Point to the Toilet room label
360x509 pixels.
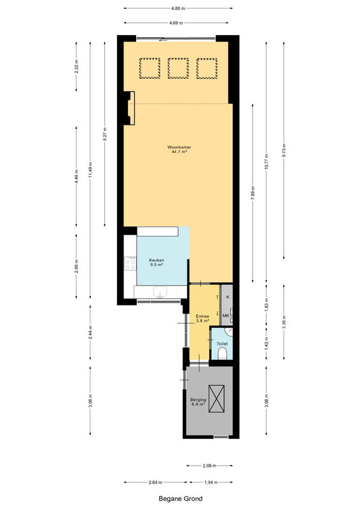click(222, 344)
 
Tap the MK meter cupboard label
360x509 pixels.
click(226, 316)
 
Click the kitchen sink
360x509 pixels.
click(160, 291)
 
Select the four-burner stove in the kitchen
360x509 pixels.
click(131, 263)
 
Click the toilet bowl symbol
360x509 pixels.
click(223, 353)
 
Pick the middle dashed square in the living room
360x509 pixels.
click(178, 68)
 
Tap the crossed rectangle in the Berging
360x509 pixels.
click(216, 398)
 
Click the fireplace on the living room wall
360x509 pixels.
click(130, 108)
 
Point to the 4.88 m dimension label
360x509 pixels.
click(178, 8)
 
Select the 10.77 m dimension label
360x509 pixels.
click(267, 162)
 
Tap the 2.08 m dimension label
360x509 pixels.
click(209, 466)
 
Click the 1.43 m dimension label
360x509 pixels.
click(267, 343)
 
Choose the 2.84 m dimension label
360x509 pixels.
click(155, 482)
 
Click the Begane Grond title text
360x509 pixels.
click(181, 499)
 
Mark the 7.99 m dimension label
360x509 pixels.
click(253, 193)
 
